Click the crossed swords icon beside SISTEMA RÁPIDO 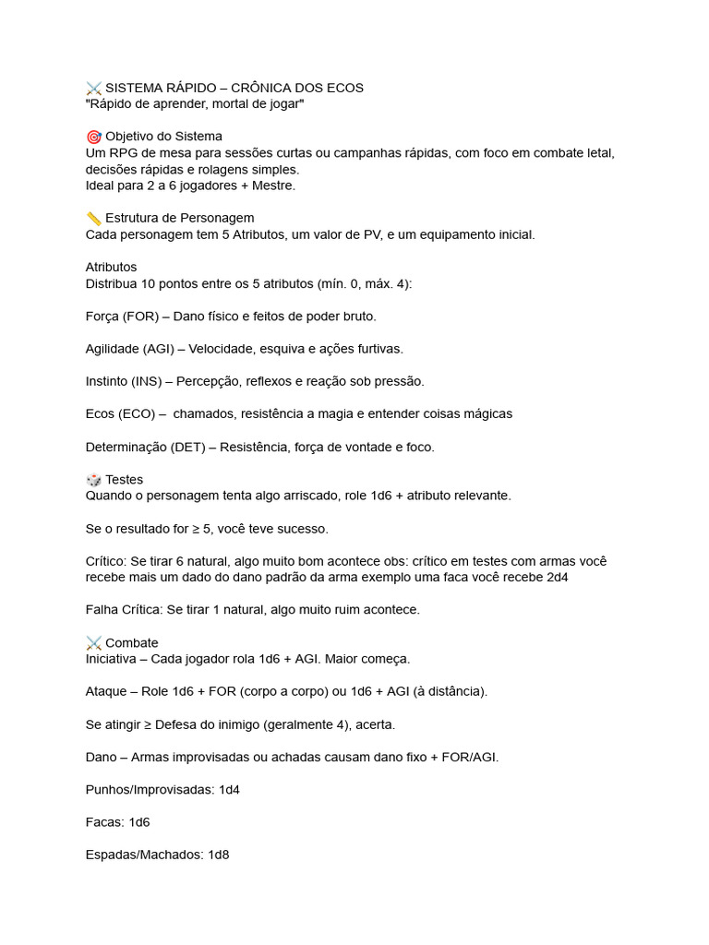coord(93,88)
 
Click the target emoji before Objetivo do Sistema coord(93,137)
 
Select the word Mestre coord(267,185)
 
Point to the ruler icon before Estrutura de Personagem coord(93,218)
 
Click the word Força coord(102,316)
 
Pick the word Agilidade coord(112,349)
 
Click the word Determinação coord(126,447)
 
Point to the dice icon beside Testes coord(93,479)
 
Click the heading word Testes coord(125,479)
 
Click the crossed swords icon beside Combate coord(93,642)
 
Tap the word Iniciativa coord(115,659)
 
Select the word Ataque coord(106,691)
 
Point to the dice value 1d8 coord(218,855)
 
